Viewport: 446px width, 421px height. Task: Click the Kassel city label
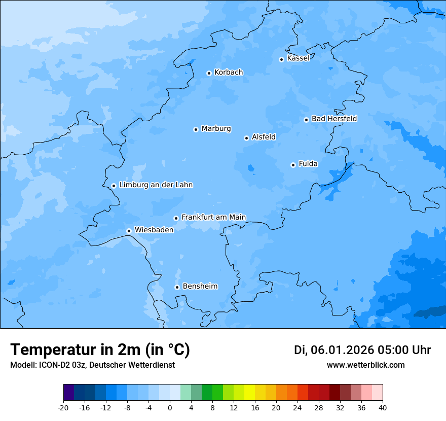point(298,58)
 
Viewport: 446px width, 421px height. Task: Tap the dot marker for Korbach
point(209,73)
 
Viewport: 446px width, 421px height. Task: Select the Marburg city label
point(216,129)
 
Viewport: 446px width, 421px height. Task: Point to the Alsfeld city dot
point(246,138)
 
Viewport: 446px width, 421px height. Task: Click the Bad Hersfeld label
point(334,119)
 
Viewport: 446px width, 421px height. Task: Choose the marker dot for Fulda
point(293,165)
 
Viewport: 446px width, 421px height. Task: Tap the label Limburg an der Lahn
point(156,185)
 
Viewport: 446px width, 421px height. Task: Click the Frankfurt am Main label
point(213,217)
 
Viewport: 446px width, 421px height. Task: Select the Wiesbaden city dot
point(129,231)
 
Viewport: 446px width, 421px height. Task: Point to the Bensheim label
point(200,287)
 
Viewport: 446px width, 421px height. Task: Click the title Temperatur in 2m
point(100,349)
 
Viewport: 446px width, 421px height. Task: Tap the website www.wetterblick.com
point(365,365)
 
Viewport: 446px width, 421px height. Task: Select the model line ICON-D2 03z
point(92,365)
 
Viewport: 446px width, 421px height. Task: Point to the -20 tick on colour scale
point(63,407)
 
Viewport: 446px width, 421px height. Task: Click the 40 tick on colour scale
point(383,407)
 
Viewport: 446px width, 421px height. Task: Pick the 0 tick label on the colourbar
point(170,407)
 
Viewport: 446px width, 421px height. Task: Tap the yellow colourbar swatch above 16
point(249,393)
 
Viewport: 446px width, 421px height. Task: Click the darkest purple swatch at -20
point(68,393)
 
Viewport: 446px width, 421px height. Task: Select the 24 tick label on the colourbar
point(298,407)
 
